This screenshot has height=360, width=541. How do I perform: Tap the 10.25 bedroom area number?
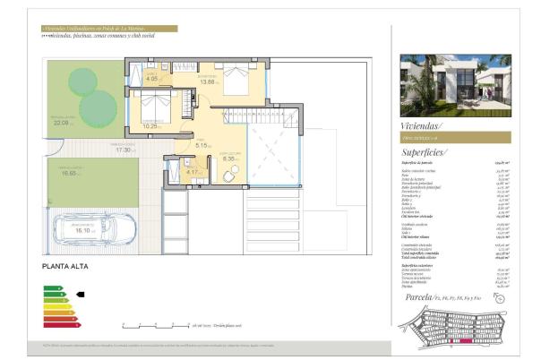click(150, 126)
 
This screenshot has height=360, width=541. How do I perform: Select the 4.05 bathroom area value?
click(151, 79)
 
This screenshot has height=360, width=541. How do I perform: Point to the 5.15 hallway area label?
click(202, 145)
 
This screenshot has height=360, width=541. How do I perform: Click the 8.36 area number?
click(228, 159)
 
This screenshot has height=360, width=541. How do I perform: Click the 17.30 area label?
click(124, 150)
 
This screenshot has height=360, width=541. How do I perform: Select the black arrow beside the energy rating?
click(80, 293)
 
